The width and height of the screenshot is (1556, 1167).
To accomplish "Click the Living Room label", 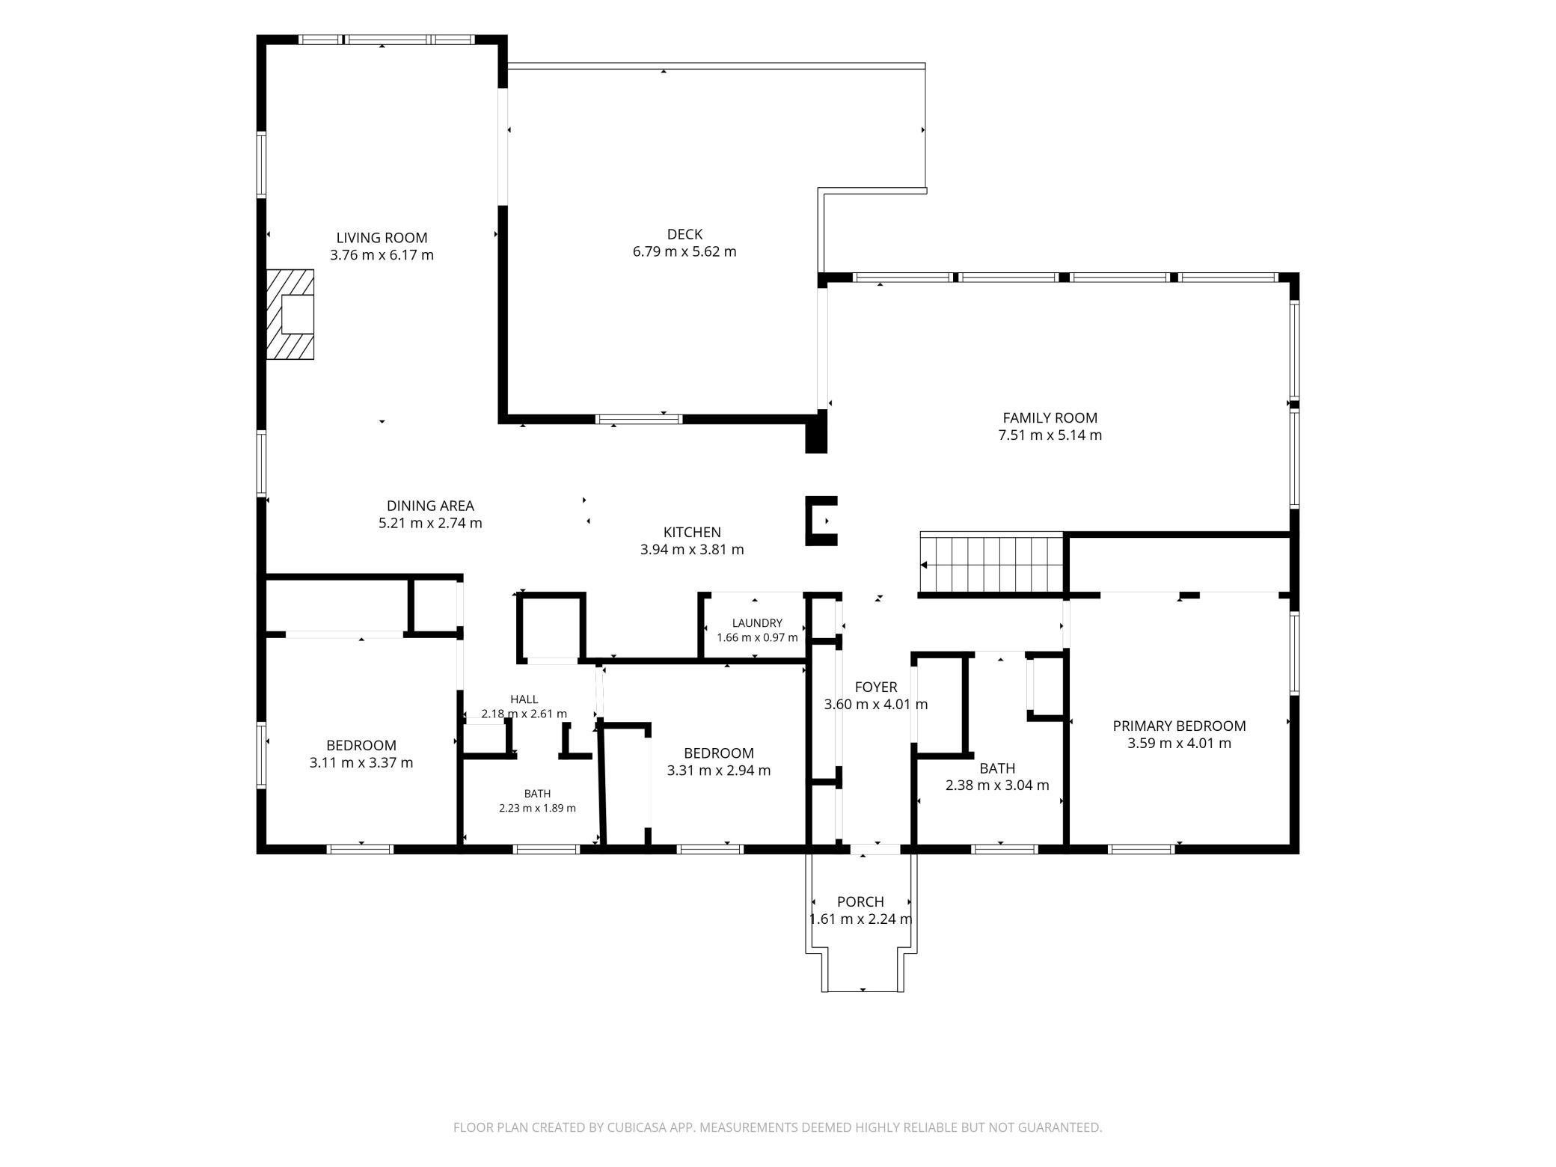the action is point(382,238).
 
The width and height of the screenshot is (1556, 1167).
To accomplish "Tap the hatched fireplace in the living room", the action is point(290,314).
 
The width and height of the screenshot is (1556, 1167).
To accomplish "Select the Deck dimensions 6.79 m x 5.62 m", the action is point(684,251).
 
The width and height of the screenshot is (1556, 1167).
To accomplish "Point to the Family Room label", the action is point(1050,418).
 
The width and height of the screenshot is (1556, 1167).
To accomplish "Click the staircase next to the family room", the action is point(991,563).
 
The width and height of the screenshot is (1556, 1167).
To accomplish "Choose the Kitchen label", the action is point(692,533).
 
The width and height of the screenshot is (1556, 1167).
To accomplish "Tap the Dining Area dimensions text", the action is point(430,523).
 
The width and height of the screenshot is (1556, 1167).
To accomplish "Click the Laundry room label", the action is point(757,623).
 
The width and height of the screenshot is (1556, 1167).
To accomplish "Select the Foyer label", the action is point(875,687).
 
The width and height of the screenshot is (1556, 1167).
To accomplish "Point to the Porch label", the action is point(860,902).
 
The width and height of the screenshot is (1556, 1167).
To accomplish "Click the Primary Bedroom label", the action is point(1179,726).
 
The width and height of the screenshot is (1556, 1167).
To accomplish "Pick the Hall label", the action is point(524,699).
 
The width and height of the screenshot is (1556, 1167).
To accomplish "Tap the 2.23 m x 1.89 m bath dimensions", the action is point(537,808).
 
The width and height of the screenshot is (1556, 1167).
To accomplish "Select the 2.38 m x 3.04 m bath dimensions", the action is point(997,785).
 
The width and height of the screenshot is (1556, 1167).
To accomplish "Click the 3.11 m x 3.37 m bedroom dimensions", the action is point(361,763).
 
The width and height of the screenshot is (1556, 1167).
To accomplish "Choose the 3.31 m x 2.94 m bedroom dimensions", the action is point(718,771).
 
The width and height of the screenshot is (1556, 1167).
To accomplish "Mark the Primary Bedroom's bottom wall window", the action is point(1141,849).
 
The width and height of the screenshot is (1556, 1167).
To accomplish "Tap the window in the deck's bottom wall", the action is point(639,419).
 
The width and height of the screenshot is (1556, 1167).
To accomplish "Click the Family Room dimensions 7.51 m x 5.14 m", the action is point(1050,435).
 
